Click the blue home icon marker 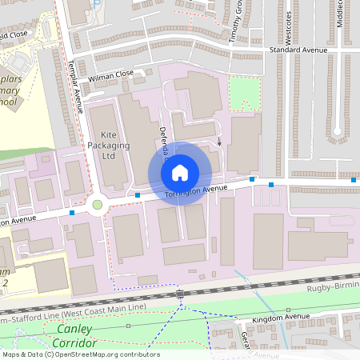click(180, 172)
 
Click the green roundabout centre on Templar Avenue click(98, 205)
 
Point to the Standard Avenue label click(299, 50)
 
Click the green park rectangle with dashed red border click(245, 94)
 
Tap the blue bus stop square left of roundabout click(73, 213)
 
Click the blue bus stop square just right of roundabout click(138, 194)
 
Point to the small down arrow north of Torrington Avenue click(220, 140)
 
